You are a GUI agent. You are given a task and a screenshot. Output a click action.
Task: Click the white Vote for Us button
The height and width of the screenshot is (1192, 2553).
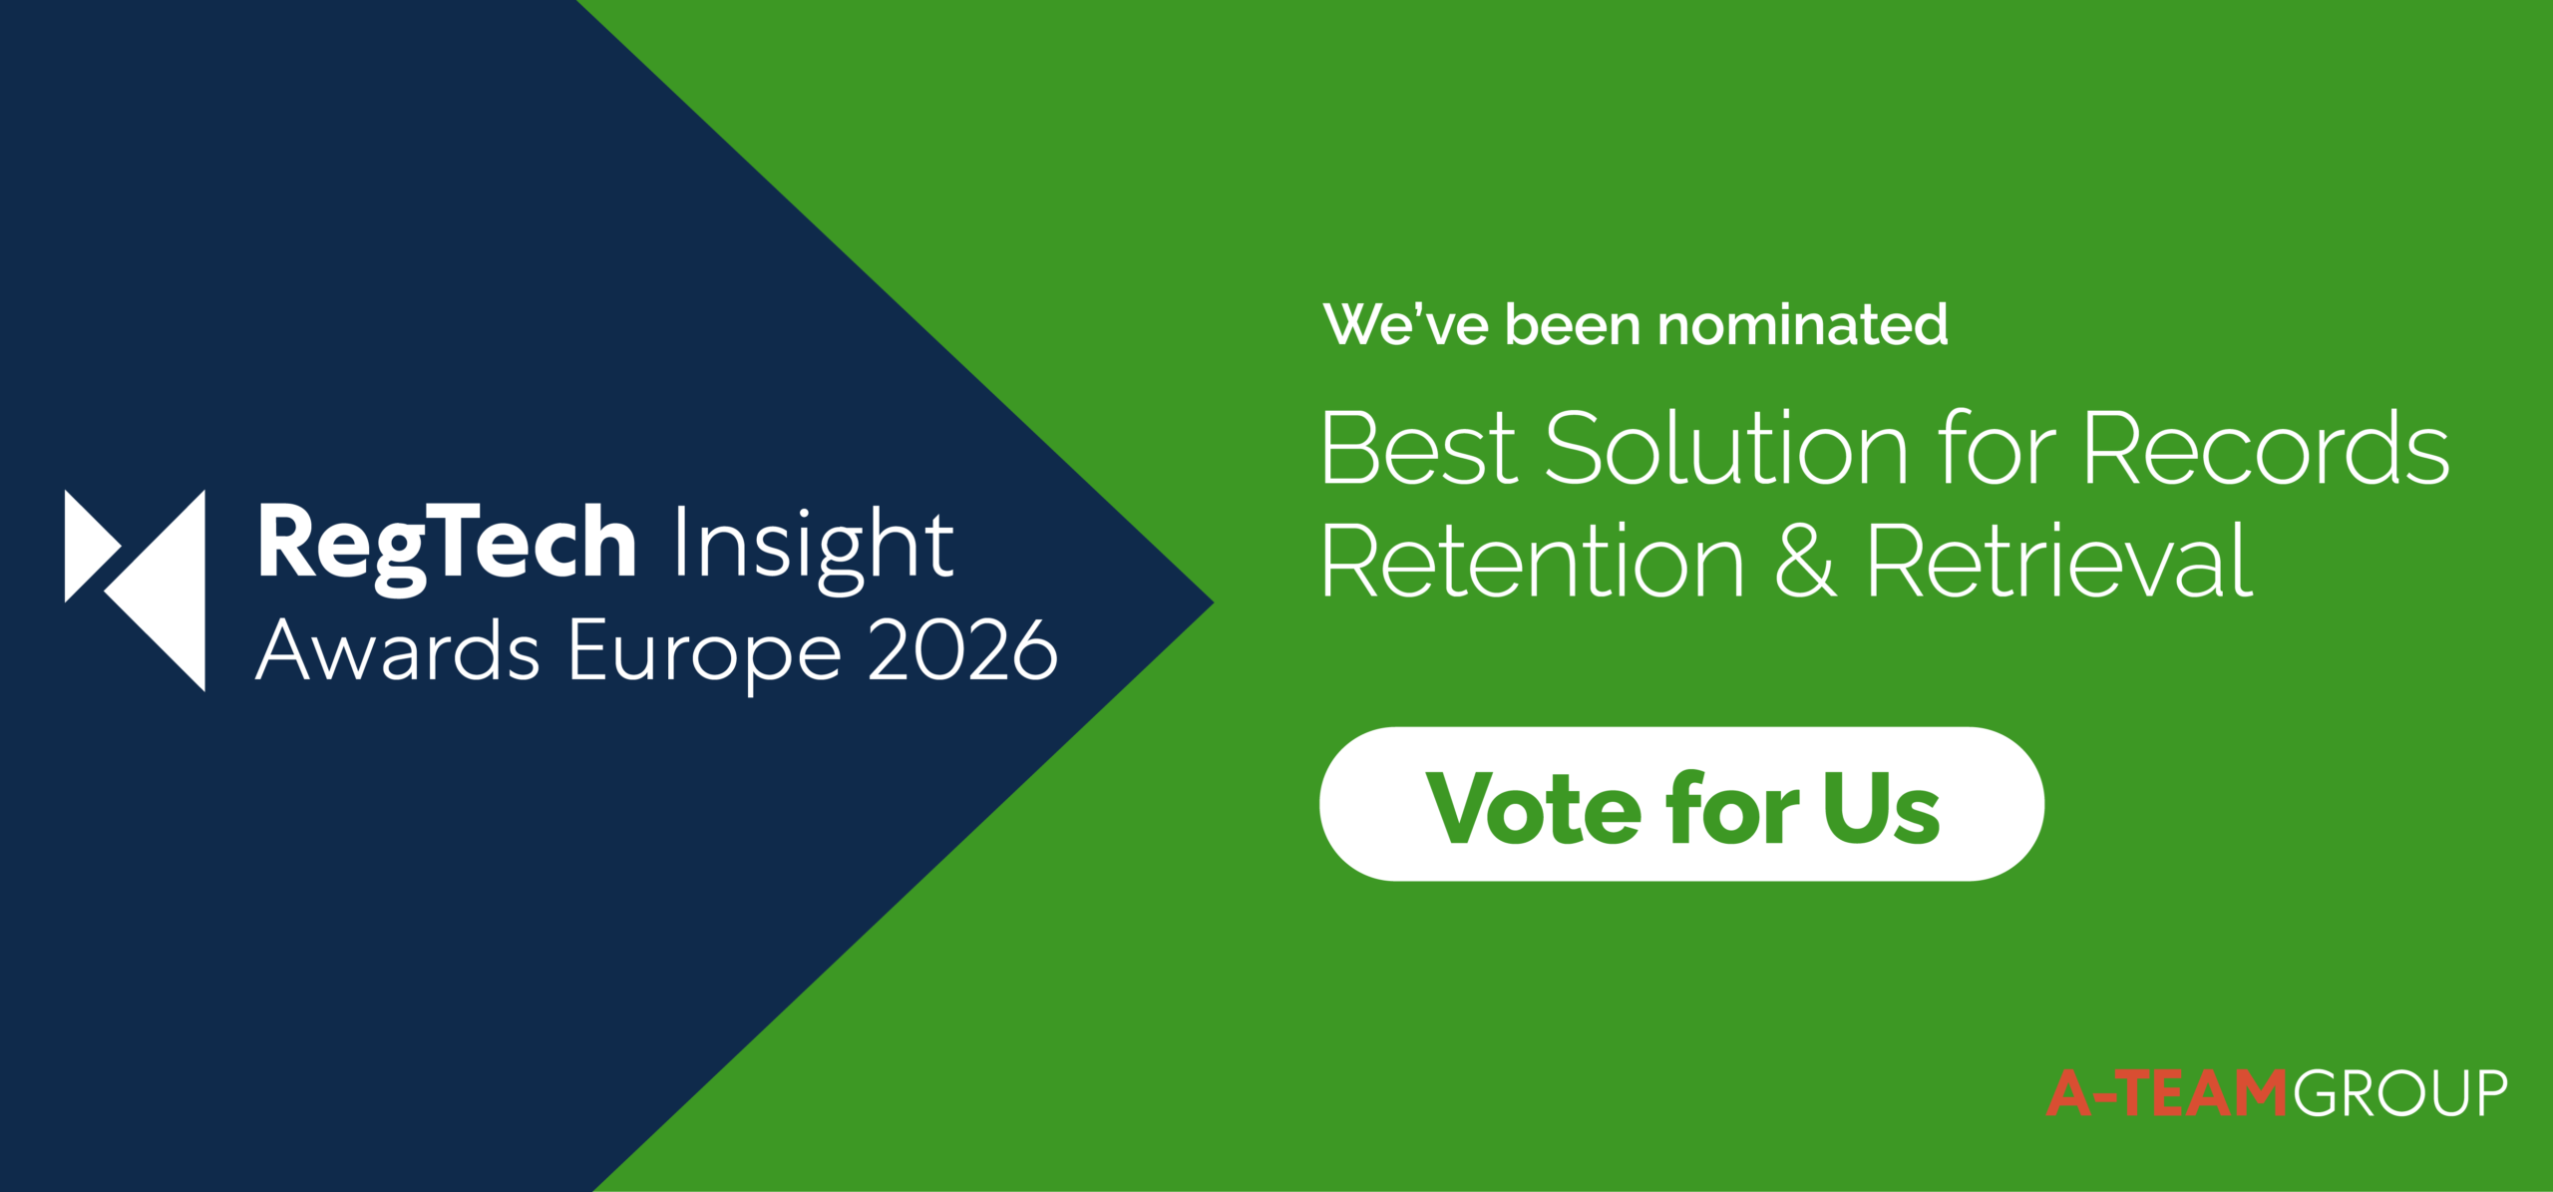1681,804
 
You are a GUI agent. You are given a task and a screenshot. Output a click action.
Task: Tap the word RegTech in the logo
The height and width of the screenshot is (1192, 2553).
448,547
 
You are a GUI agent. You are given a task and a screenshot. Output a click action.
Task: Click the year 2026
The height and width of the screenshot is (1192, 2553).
962,650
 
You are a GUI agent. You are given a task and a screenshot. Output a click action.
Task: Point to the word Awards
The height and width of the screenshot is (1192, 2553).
398,650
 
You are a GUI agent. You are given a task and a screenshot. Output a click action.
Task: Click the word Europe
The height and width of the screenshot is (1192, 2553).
705,655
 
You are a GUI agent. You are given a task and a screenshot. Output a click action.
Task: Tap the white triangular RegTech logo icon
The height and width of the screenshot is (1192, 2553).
135,591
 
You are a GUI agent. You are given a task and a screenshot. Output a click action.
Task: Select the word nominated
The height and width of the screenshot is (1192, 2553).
1802,325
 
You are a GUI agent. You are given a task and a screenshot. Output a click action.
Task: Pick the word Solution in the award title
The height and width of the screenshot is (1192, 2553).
1726,448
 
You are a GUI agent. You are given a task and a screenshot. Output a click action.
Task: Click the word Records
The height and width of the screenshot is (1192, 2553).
2265,448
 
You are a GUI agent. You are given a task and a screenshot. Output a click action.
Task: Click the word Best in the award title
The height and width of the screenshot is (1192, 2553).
1418,448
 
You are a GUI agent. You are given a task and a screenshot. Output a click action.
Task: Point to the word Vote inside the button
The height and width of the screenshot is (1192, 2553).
1533,807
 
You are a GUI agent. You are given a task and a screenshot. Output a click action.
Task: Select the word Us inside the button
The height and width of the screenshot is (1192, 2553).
1881,807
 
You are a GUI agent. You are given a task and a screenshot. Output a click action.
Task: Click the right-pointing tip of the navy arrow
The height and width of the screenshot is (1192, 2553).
1213,602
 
